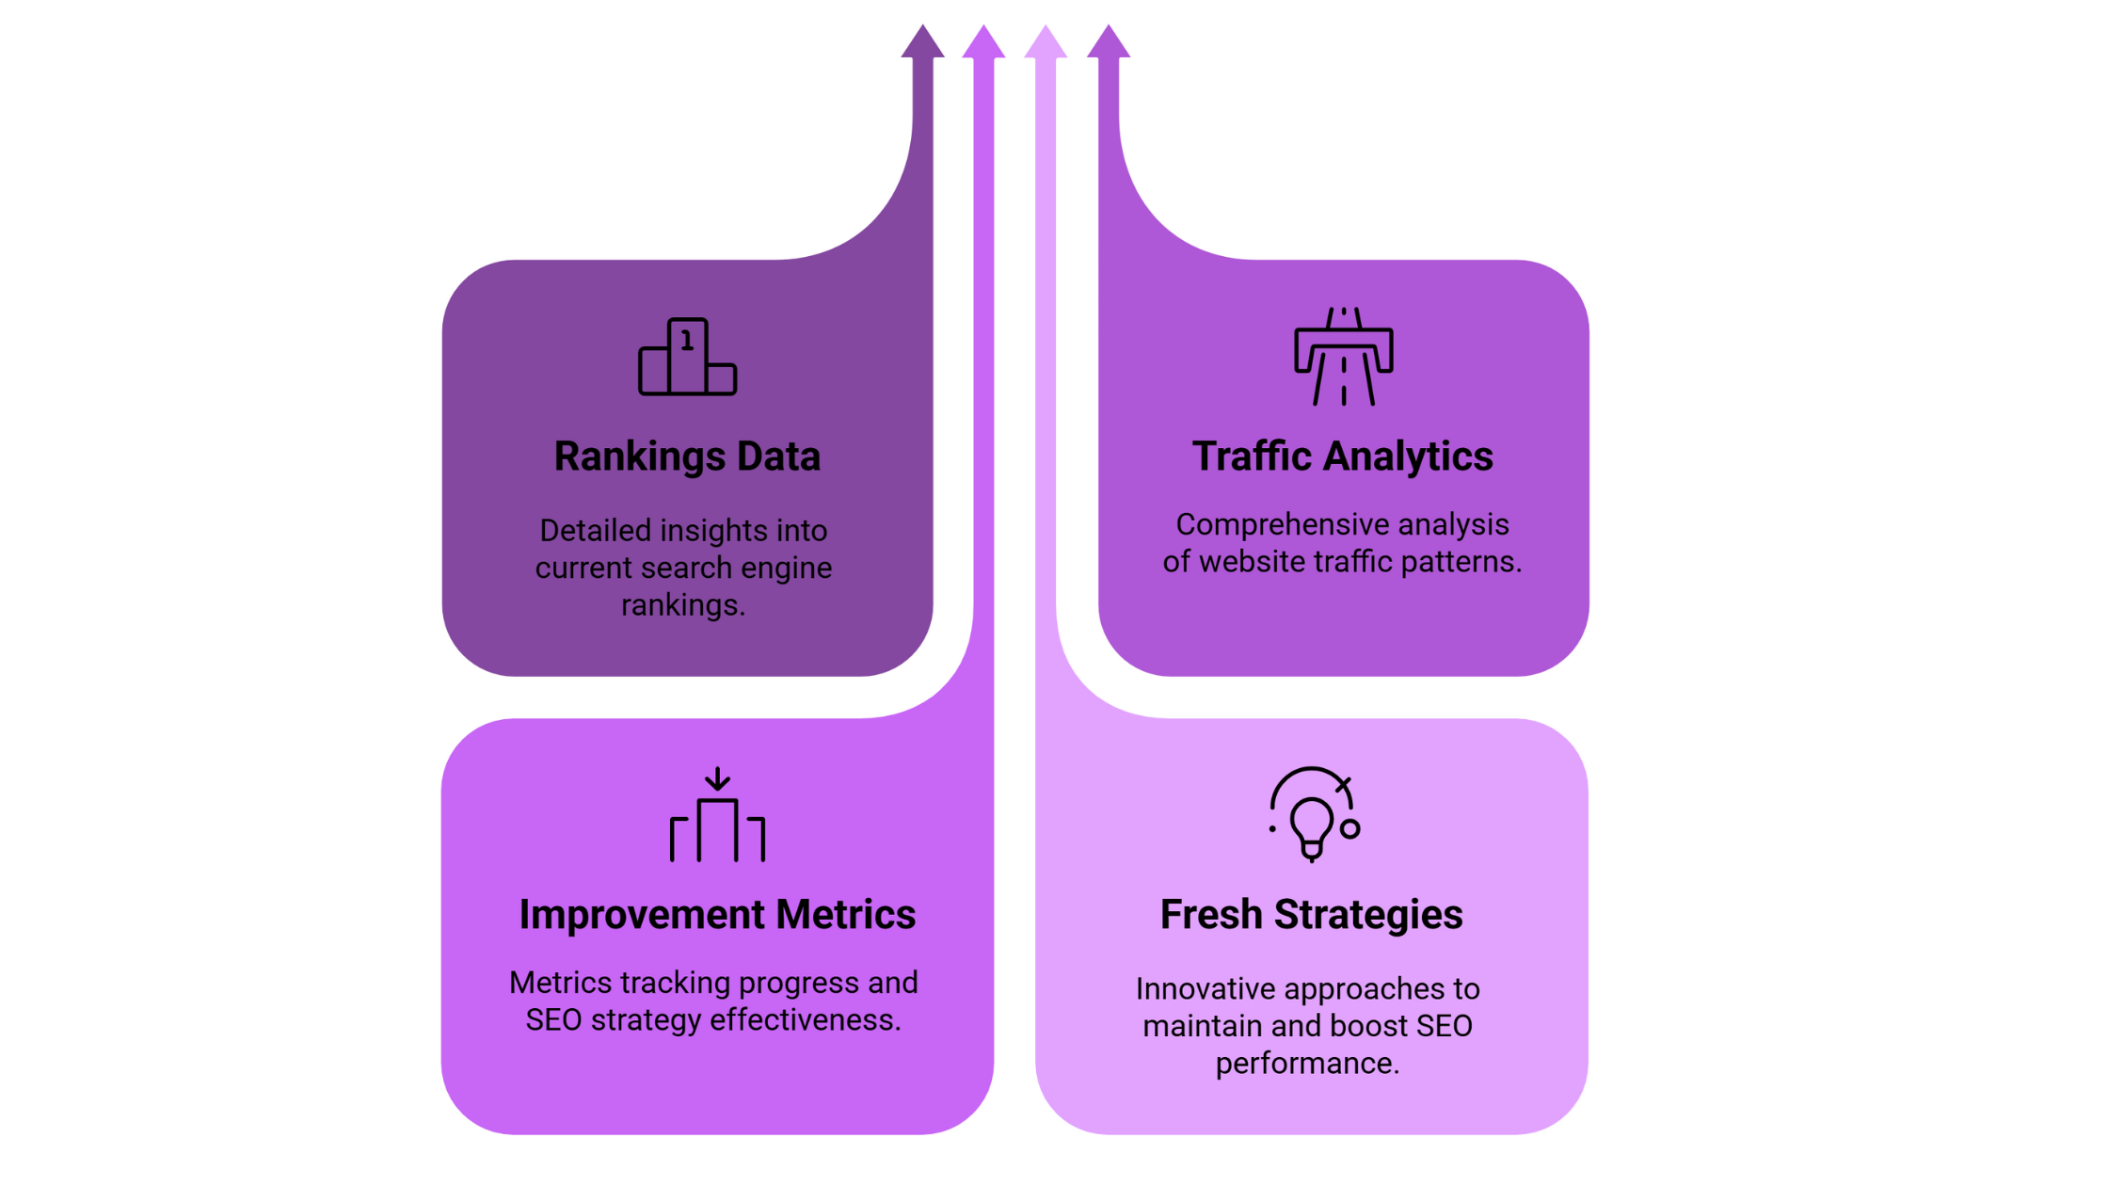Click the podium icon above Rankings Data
click(x=687, y=358)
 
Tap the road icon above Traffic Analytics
click(x=1343, y=357)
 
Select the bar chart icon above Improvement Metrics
click(x=717, y=815)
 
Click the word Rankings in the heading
click(x=639, y=457)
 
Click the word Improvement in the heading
click(x=642, y=916)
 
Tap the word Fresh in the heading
click(x=1210, y=914)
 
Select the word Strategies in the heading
click(x=1368, y=916)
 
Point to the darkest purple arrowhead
click(x=922, y=41)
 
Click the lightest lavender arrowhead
click(x=1046, y=41)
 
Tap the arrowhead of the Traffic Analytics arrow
click(x=1109, y=41)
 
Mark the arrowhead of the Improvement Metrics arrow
click(x=983, y=41)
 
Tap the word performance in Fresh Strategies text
click(x=1308, y=1065)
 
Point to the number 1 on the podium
click(x=688, y=340)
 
